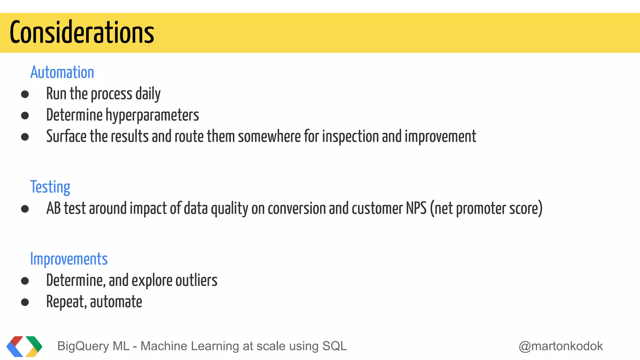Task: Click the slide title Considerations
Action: click(x=82, y=32)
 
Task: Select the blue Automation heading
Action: click(x=62, y=72)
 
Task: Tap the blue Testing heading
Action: click(x=50, y=187)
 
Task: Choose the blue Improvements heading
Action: click(x=69, y=259)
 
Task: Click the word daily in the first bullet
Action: click(x=148, y=94)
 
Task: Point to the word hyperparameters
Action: click(x=152, y=115)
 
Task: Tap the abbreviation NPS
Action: click(x=416, y=208)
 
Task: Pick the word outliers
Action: click(x=196, y=280)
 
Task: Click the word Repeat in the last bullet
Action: click(x=66, y=302)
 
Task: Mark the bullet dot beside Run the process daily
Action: click(x=25, y=94)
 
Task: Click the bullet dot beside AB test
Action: click(x=25, y=209)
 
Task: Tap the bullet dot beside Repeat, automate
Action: click(x=25, y=302)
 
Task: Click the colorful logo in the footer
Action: click(x=24, y=346)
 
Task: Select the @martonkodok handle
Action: click(x=561, y=346)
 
